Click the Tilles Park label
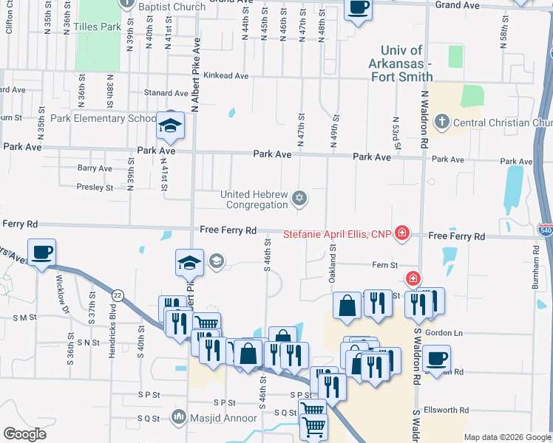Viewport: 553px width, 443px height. pos(97,27)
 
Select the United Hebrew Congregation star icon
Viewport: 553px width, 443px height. pos(299,197)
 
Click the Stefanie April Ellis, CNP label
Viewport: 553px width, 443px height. pos(337,235)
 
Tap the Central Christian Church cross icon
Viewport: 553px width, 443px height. pos(442,122)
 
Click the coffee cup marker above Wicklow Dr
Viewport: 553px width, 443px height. pos(41,252)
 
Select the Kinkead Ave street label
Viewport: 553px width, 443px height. pos(227,75)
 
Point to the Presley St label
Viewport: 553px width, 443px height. pos(95,187)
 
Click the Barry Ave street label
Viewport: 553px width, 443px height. pos(95,168)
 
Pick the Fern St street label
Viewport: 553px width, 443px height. pos(384,264)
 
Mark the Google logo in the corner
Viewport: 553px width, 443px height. pos(25,434)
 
